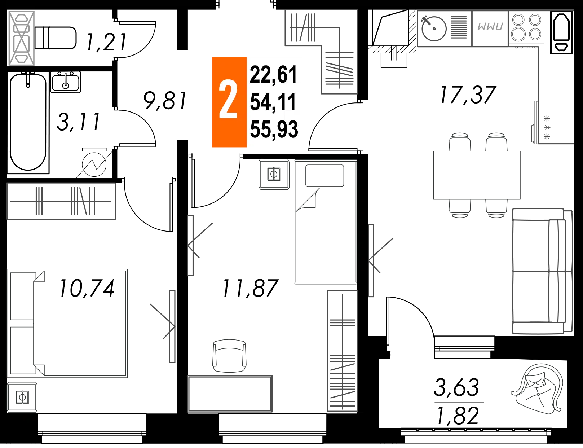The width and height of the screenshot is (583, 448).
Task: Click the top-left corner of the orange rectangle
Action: coord(212,57)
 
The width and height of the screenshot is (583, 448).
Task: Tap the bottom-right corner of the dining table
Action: coord(520,199)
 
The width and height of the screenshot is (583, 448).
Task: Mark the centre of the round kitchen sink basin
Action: coord(434,28)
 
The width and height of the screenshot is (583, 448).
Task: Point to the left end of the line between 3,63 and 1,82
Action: coord(434,402)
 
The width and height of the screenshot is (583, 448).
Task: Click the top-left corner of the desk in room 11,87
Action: coord(188,376)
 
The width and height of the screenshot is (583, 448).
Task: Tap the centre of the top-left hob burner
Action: coord(518,20)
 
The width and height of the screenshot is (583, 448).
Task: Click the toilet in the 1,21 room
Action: coord(56,38)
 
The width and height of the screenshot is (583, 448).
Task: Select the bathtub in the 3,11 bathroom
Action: coord(28,122)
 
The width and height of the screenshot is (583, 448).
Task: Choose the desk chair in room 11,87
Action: coord(229,356)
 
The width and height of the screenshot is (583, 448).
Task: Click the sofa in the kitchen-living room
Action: coord(542,271)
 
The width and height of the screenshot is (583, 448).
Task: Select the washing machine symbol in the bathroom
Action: coord(94,164)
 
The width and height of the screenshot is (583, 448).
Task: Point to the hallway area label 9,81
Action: coord(165,101)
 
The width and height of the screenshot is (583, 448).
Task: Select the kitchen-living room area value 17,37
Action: coord(468,95)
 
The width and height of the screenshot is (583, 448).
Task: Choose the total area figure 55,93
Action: coord(274,129)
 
